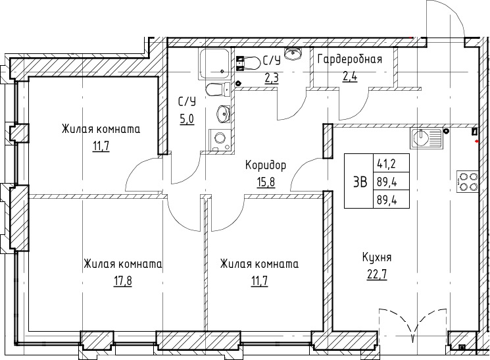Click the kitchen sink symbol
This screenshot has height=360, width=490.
426,139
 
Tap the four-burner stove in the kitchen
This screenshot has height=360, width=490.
467,182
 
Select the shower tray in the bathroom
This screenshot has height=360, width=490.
214,64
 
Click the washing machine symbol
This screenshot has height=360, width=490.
220,140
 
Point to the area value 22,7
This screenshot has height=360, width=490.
377,275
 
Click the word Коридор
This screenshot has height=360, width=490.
265,165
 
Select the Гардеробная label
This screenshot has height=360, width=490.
350,59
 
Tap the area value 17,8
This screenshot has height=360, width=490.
122,280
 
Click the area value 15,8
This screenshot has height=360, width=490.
266,182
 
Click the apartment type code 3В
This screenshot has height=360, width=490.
360,182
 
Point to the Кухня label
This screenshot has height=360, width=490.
377,258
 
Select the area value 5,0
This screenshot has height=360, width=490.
187,119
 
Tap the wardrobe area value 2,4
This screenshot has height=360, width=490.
350,76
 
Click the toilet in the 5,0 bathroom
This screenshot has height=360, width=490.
218,89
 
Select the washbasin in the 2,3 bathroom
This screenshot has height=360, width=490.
293,53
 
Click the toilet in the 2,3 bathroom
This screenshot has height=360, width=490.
249,63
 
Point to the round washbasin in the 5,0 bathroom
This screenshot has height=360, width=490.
223,113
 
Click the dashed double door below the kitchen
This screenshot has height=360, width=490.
413,324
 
